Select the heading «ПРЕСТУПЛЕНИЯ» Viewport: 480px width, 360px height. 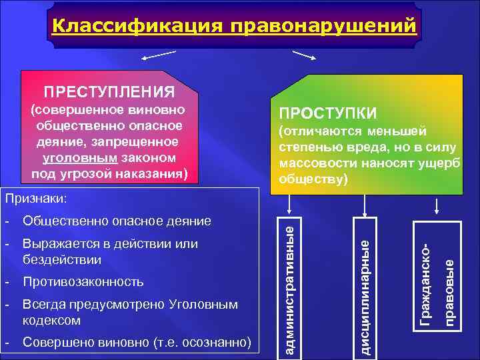(x=109, y=90)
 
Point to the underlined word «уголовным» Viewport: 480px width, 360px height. (x=75, y=158)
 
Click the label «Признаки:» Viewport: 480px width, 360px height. (x=33, y=198)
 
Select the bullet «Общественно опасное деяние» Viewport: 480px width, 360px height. (x=117, y=221)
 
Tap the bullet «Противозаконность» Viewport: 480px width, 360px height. (x=83, y=282)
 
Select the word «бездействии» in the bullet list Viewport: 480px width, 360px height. (x=62, y=259)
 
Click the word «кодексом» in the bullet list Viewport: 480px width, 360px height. (x=51, y=321)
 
